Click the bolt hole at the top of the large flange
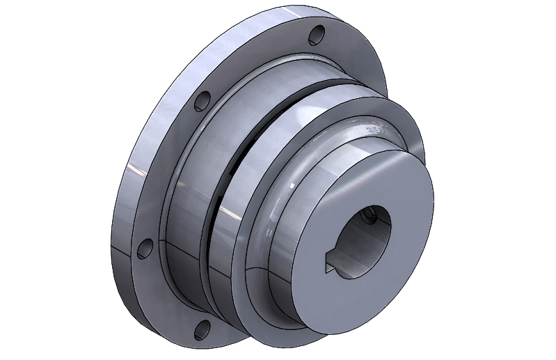point(317,33)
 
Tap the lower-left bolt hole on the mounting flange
point(145,249)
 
